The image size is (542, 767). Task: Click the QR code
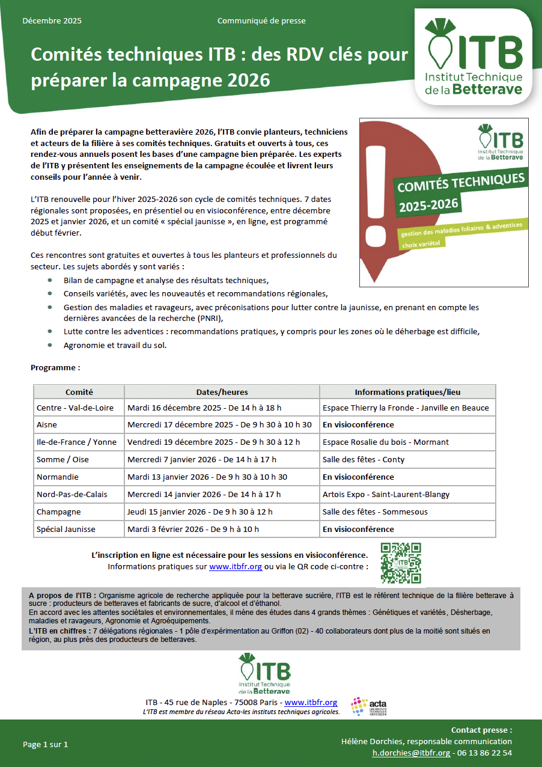(x=401, y=563)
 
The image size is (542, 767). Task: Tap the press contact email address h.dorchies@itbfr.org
(x=411, y=753)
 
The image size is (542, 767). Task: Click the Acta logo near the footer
(x=369, y=706)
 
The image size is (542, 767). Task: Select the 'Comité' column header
(x=79, y=392)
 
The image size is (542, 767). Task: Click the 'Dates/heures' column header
(x=222, y=392)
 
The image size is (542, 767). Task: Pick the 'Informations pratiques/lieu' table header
(x=407, y=392)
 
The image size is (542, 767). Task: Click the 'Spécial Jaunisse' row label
(x=66, y=529)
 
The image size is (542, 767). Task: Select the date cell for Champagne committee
(x=200, y=512)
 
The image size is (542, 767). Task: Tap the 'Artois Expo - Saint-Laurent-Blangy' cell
(x=386, y=494)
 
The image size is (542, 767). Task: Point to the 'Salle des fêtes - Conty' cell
(x=364, y=459)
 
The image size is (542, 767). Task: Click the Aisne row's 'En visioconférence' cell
(x=358, y=424)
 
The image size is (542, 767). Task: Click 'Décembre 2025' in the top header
(x=52, y=21)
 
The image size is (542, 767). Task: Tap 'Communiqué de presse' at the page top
(x=261, y=21)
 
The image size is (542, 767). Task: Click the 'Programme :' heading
(x=55, y=367)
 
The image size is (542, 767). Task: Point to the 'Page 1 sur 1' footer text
(x=46, y=744)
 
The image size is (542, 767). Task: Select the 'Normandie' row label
(x=58, y=477)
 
